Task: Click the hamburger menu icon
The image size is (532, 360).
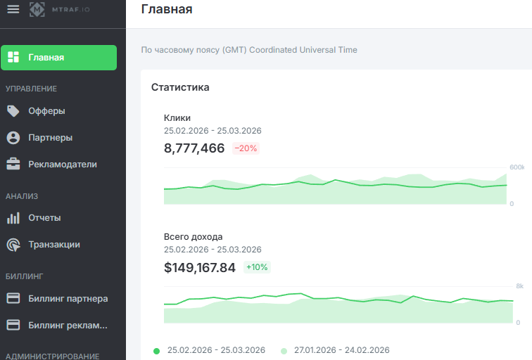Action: [x=13, y=8]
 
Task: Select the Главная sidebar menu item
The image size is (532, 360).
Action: [x=59, y=58]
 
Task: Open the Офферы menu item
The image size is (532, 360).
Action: [x=46, y=111]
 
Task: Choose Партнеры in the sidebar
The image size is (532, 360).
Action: [x=50, y=138]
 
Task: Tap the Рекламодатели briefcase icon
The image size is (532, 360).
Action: [x=13, y=165]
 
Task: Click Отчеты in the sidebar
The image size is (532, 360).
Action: [x=44, y=218]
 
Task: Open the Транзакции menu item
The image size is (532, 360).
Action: [x=53, y=245]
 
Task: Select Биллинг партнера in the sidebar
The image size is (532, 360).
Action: [x=68, y=299]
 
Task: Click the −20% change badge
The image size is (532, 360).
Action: [x=246, y=148]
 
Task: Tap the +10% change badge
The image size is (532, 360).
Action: [x=257, y=267]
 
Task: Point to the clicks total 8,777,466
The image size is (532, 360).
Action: [x=194, y=148]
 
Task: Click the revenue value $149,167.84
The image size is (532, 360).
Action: [x=200, y=267]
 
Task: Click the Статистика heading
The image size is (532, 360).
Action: [x=180, y=87]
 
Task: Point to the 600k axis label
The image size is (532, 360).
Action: [x=517, y=167]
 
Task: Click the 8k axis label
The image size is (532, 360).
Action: [x=519, y=286]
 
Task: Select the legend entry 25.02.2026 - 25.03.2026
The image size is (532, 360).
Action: [x=215, y=350]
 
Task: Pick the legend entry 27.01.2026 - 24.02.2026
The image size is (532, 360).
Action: [x=341, y=350]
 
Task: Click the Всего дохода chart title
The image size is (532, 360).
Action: [x=194, y=237]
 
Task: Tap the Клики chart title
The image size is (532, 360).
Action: [x=177, y=118]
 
